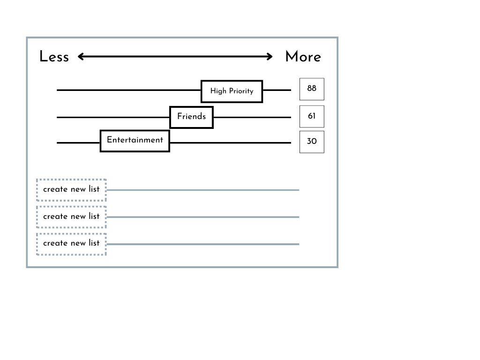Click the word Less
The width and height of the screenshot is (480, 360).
coord(54,57)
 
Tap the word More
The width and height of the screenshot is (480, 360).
coord(303,57)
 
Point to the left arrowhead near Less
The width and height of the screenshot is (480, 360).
coord(81,57)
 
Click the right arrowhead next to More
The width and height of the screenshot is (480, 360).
coord(270,57)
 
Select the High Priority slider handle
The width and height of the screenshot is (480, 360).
coord(232,91)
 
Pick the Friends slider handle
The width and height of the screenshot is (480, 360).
coord(191,117)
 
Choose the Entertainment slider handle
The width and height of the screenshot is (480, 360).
coord(135,141)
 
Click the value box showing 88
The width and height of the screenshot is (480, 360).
coord(312,89)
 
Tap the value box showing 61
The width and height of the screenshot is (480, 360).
coord(312,116)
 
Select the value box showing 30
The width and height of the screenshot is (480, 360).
coord(312,142)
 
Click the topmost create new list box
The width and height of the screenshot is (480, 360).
coord(71,190)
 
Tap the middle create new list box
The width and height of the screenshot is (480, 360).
coord(71,217)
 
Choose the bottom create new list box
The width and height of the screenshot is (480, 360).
coord(71,244)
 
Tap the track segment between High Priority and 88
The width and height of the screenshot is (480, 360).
coord(277,90)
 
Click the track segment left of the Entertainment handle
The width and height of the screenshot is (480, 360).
coord(78,142)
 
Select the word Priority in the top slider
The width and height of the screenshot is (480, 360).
coord(241,91)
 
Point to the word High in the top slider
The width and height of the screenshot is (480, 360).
coord(218,91)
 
